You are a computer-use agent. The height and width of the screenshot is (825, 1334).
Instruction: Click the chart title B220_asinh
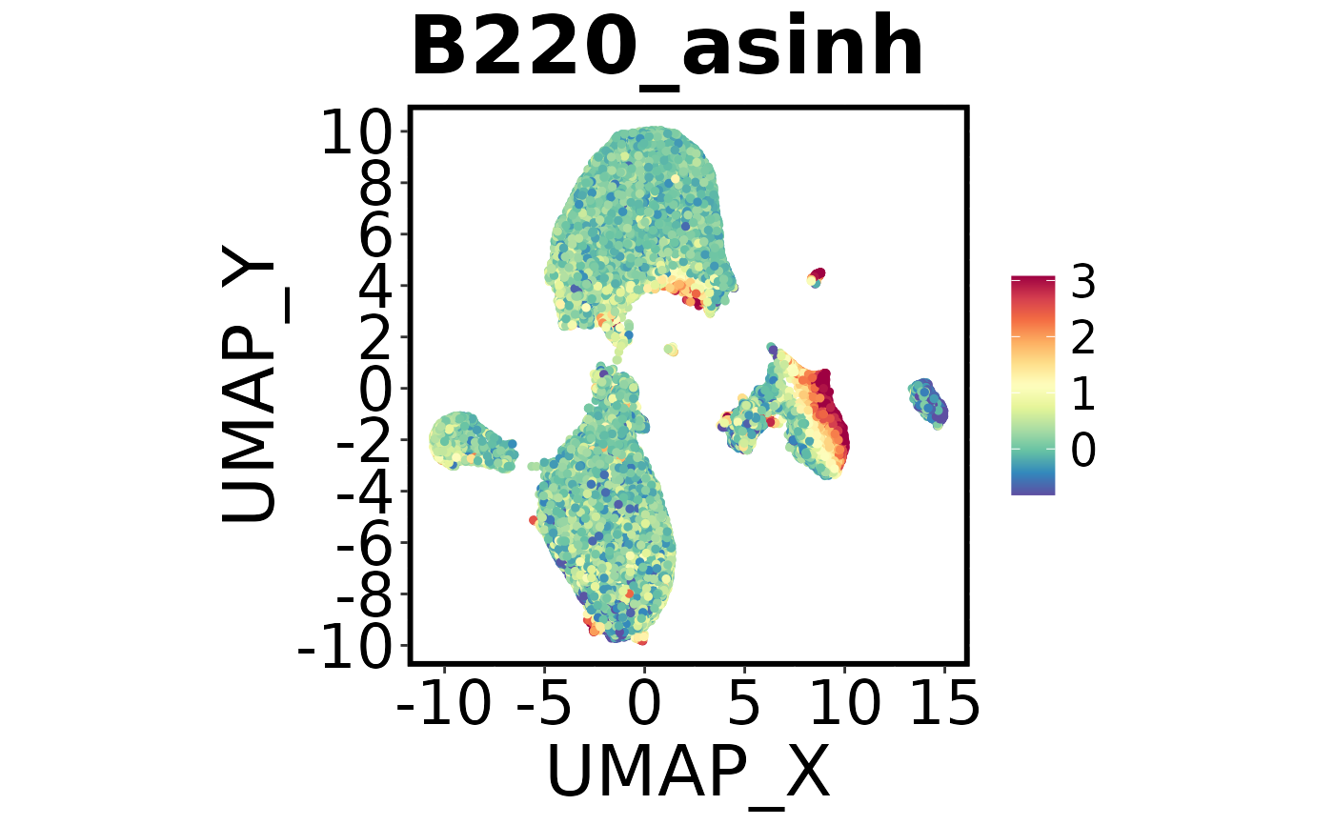[667, 50]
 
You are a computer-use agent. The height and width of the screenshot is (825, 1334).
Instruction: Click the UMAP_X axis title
[688, 770]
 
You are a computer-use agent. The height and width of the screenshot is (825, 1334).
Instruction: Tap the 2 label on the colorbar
[1082, 338]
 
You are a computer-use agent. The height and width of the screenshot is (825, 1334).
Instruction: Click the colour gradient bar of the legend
[1033, 386]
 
